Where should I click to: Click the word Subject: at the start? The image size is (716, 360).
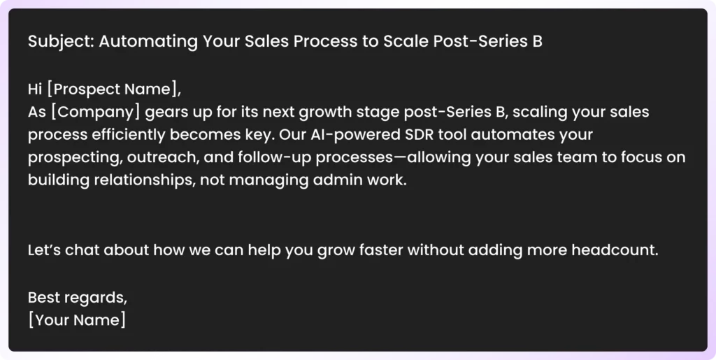click(61, 41)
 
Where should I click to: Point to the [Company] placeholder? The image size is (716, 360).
click(95, 112)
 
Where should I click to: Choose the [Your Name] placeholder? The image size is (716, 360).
click(77, 320)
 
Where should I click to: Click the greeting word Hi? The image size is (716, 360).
click(35, 89)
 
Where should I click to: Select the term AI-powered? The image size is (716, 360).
click(359, 135)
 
